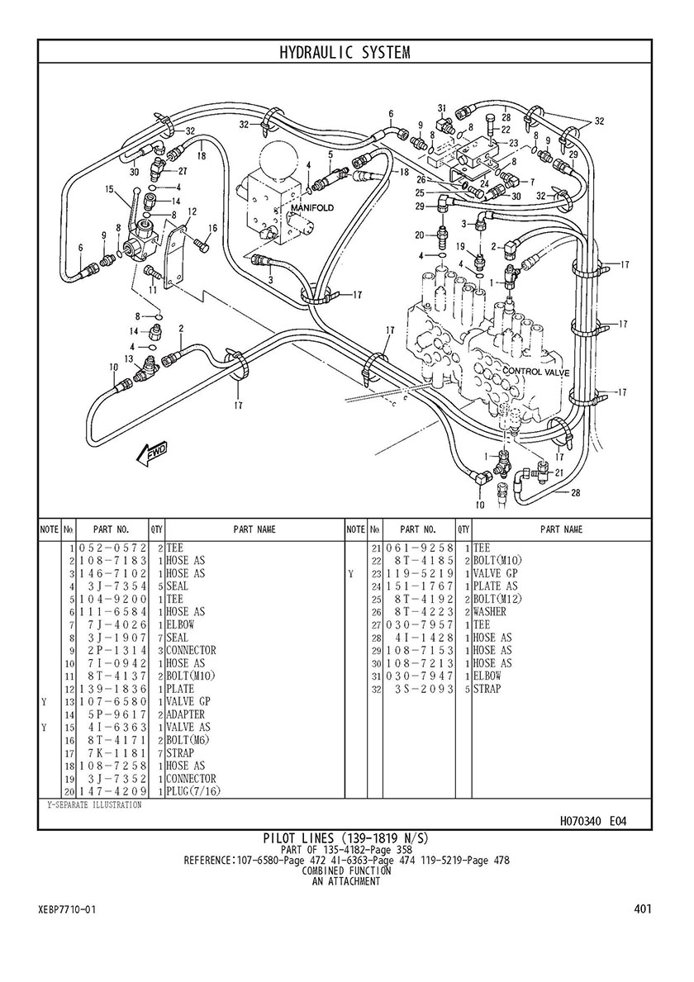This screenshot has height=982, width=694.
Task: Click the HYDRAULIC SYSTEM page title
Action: point(345,53)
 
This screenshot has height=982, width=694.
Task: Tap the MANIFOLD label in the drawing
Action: point(312,208)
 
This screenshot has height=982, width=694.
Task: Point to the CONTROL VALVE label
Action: point(536,372)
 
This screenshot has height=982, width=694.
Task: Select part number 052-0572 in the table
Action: point(112,548)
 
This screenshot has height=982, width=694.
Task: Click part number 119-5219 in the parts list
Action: point(420,574)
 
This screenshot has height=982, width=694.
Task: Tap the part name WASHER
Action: point(489,612)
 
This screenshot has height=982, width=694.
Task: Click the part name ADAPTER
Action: point(185,714)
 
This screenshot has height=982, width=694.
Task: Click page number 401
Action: point(643,908)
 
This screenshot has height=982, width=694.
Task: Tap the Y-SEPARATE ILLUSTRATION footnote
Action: point(94,804)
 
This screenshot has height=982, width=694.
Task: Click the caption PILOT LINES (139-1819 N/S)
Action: point(345,838)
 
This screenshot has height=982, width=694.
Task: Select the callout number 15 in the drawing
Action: point(109,187)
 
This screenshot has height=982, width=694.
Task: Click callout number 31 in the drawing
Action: point(441,107)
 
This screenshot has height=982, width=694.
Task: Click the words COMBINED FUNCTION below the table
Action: point(345,871)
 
